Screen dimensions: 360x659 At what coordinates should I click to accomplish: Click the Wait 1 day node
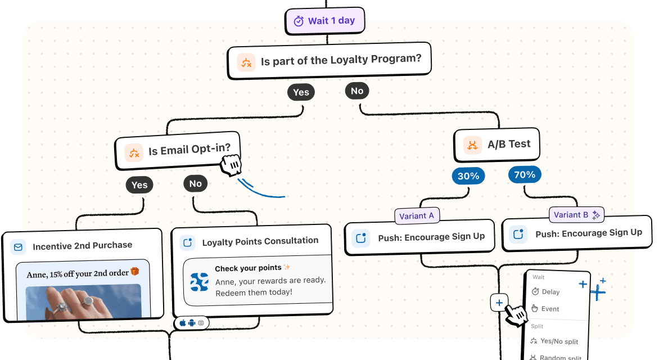pyautogui.click(x=325, y=21)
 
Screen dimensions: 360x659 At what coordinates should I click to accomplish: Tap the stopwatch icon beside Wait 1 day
pyautogui.click(x=299, y=21)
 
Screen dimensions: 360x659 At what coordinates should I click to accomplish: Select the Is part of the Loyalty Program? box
pyautogui.click(x=329, y=61)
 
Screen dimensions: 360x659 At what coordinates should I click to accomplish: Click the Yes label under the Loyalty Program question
pyautogui.click(x=301, y=93)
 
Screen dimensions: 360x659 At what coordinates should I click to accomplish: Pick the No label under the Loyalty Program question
pyautogui.click(x=357, y=91)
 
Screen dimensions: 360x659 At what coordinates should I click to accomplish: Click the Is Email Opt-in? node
pyautogui.click(x=178, y=151)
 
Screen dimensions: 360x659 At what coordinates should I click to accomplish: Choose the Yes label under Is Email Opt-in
pyautogui.click(x=139, y=185)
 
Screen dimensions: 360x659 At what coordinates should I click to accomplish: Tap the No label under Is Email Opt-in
pyautogui.click(x=195, y=184)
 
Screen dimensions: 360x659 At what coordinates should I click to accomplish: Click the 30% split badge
pyautogui.click(x=468, y=177)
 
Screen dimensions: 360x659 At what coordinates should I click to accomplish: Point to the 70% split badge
pyautogui.click(x=525, y=175)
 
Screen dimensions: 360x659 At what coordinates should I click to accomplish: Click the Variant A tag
pyautogui.click(x=416, y=216)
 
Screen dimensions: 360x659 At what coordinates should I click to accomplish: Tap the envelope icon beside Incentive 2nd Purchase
pyautogui.click(x=19, y=247)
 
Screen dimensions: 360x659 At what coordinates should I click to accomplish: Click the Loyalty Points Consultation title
pyautogui.click(x=260, y=241)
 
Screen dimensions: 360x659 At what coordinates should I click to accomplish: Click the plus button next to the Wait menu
pyautogui.click(x=499, y=303)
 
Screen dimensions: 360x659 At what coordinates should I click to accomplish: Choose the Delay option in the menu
pyautogui.click(x=550, y=292)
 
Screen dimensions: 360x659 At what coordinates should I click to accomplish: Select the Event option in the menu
pyautogui.click(x=549, y=309)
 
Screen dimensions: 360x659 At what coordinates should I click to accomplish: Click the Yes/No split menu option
pyautogui.click(x=559, y=341)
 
